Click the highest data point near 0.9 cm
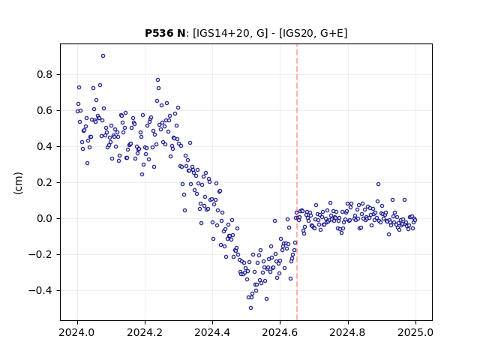pos(103,56)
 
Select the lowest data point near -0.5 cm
pos(250,308)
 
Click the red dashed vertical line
pos(297,182)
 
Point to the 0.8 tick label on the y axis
pos(45,74)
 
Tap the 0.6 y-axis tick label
pos(45,110)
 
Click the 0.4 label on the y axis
pos(45,147)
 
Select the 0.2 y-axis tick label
pos(45,182)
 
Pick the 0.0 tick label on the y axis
pos(45,218)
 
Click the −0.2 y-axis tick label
pos(40,254)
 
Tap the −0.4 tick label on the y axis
pos(40,290)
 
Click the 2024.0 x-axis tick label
pos(77,332)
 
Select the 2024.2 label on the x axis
pos(145,332)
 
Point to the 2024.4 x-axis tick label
pos(212,332)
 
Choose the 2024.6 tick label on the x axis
pos(280,332)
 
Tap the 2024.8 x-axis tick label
pos(348,332)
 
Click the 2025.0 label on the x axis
pos(415,332)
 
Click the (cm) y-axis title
pos(18,183)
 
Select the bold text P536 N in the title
pos(165,33)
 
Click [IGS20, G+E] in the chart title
pos(313,33)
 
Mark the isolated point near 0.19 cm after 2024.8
pos(378,184)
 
